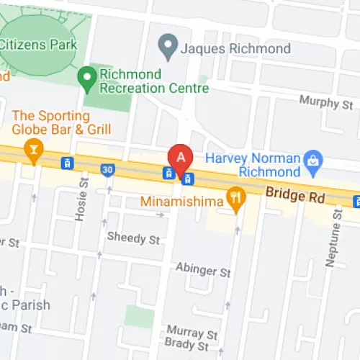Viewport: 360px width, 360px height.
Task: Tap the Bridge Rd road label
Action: pos(296,194)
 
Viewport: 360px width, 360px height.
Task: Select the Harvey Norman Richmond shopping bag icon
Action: pos(312,158)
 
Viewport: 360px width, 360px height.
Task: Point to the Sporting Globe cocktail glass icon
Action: pos(32,148)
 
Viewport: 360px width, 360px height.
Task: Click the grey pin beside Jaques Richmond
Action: pos(168,48)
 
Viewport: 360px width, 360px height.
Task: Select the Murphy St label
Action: pos(328,104)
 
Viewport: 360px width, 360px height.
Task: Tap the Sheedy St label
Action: pos(133,237)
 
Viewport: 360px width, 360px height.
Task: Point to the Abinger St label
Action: pos(203,271)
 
